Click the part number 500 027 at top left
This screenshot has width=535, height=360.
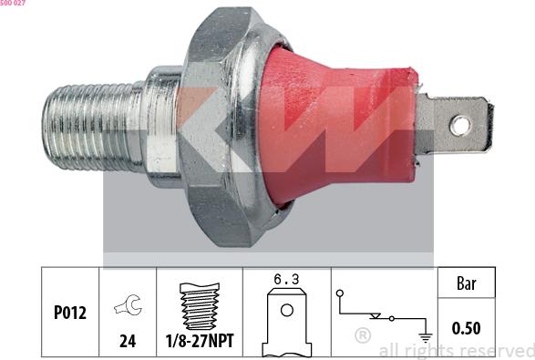click(x=13, y=3)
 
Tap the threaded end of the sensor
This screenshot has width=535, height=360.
click(x=93, y=128)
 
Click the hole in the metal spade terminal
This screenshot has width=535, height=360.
click(x=460, y=126)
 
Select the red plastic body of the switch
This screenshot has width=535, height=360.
click(x=338, y=127)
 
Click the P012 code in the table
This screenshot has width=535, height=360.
click(x=70, y=313)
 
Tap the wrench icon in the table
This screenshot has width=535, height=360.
click(x=129, y=304)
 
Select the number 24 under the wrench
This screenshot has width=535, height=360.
click(x=128, y=341)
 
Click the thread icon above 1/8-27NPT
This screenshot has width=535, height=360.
click(x=200, y=306)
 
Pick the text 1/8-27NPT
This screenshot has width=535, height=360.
click(x=200, y=341)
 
